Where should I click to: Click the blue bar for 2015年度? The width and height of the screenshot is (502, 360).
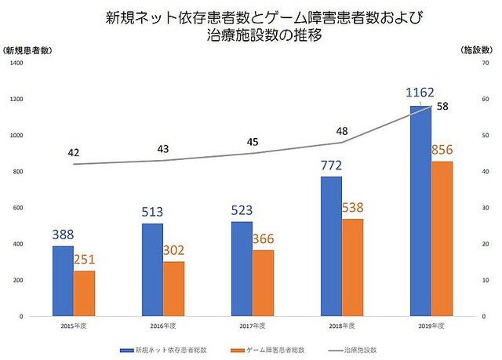63,281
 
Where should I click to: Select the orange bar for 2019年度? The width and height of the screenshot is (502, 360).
442,238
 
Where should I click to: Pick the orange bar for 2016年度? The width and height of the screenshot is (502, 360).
174,289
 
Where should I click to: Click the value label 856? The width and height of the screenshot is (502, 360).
442,149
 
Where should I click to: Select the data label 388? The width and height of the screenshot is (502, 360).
64,234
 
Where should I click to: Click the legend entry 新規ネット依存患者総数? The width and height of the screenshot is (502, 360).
162,348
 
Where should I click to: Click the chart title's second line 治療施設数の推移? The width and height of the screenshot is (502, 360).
251,35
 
